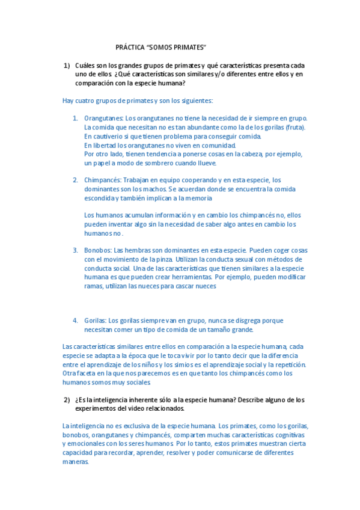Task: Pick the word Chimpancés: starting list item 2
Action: tap(103, 180)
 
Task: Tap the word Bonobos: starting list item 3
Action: tap(98, 250)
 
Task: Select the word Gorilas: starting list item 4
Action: tap(96, 321)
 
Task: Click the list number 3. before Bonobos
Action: tap(76, 250)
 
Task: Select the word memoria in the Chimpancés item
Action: tap(197, 198)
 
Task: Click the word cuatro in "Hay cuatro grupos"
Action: tap(86, 100)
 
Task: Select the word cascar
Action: tap(180, 286)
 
